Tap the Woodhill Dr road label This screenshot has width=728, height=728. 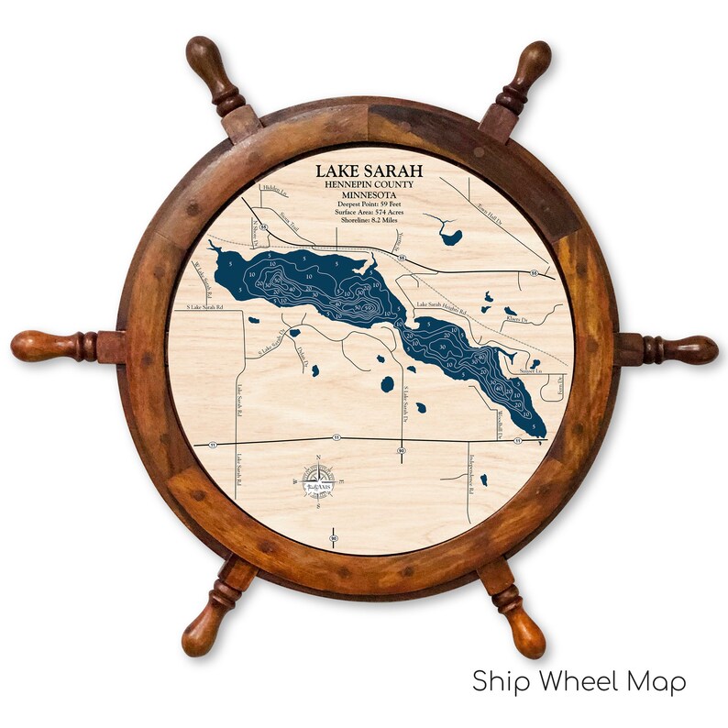tap(501, 425)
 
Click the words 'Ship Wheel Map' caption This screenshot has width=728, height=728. tap(579, 682)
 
